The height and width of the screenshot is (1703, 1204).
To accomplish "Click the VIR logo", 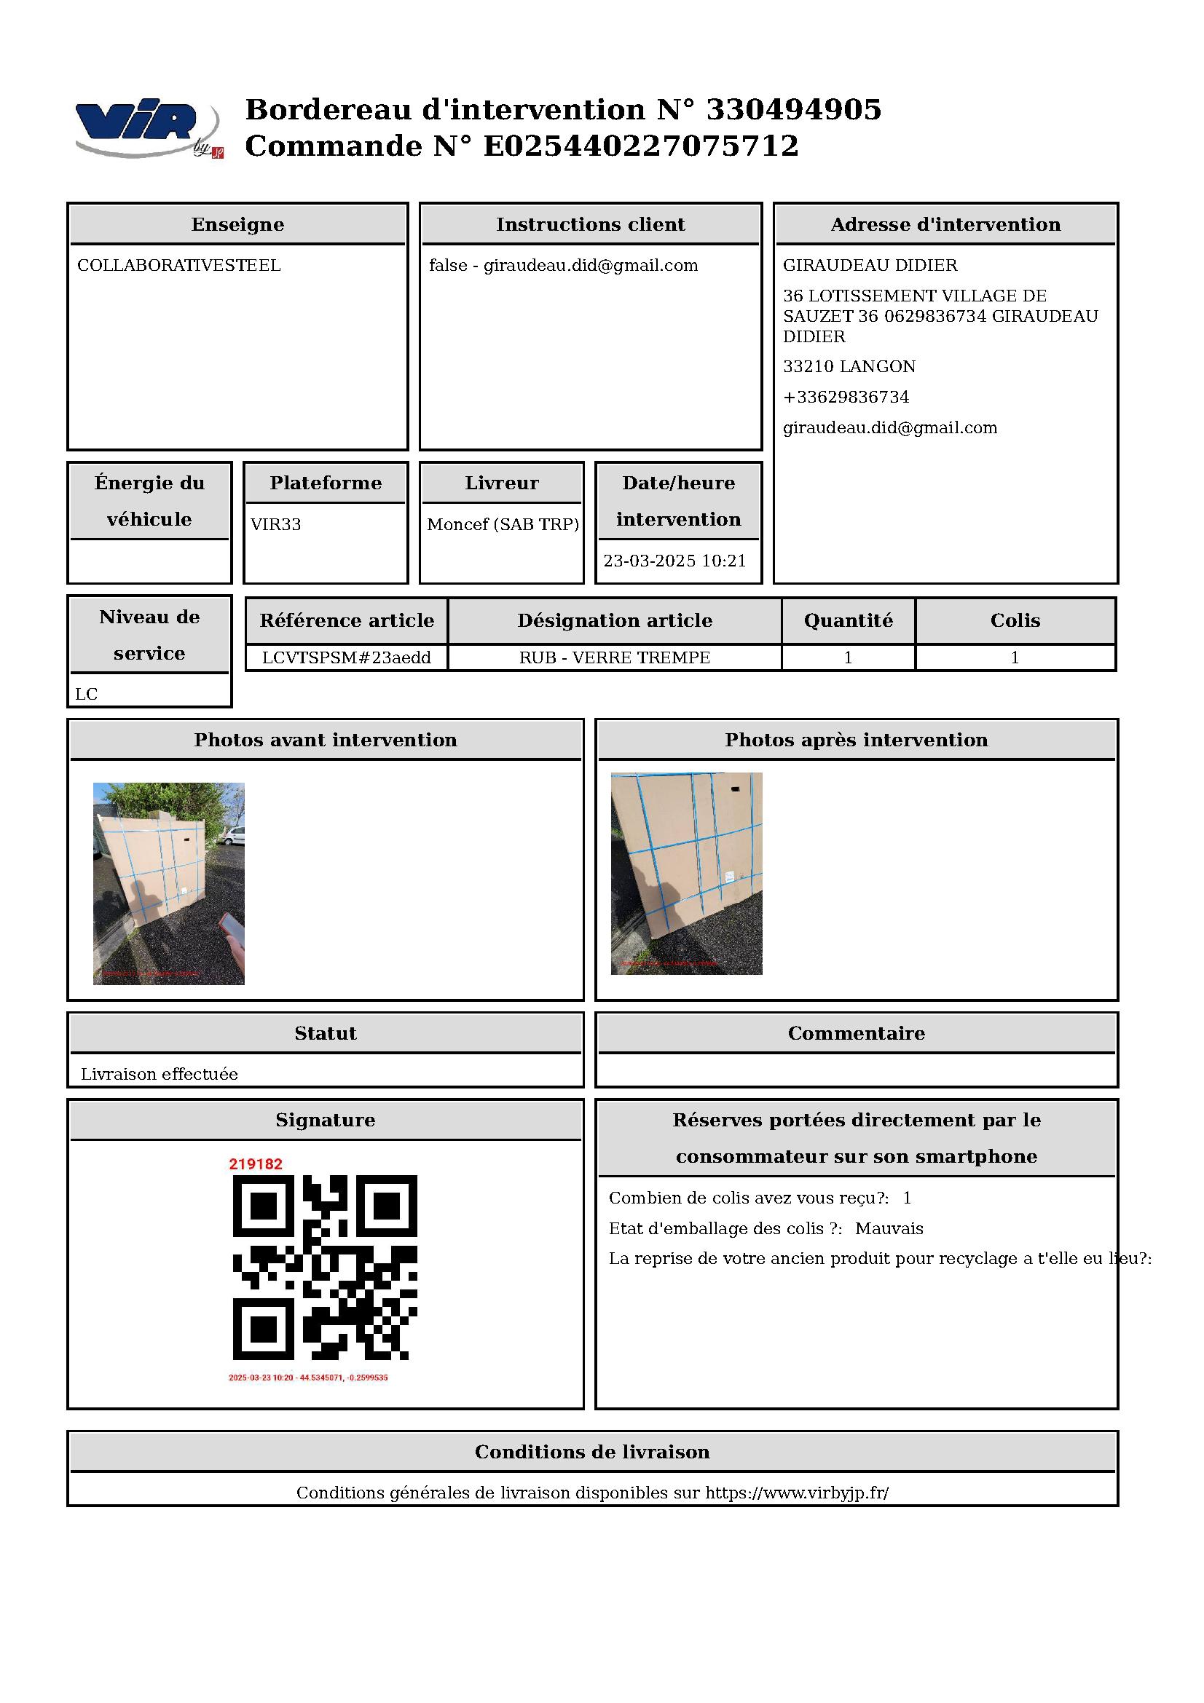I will coord(147,127).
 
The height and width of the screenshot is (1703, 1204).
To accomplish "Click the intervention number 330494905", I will coord(793,110).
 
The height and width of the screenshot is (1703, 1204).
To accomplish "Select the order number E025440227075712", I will coord(641,146).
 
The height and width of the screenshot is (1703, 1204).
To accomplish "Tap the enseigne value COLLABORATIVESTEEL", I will coord(178,266).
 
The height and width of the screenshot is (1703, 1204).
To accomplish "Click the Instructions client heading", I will coord(591,225).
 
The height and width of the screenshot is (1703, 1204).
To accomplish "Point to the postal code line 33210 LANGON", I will coord(849,366).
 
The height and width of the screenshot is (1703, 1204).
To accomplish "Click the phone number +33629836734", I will coord(846,397).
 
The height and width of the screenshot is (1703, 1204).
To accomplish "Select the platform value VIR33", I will coord(276,524).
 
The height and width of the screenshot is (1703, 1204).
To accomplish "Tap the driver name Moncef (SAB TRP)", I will coord(503,524).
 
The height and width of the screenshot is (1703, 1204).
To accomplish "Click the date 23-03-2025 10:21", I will coord(674,561).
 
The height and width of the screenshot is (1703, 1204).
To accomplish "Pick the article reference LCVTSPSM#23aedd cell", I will coord(347,658).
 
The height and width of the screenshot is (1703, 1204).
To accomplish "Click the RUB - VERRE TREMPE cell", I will coord(614,658).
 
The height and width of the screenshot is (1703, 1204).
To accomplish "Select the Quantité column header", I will coord(848,621).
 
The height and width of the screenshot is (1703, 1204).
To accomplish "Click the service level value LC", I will coord(87,695).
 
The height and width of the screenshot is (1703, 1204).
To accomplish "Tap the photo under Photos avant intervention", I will coord(168,883).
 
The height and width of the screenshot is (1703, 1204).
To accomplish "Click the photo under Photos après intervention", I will coord(686,874).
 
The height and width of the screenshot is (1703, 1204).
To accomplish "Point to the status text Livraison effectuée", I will coord(160,1074).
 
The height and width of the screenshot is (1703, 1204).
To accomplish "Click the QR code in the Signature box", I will coord(325,1268).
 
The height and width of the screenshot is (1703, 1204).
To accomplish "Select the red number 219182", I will coord(256,1163).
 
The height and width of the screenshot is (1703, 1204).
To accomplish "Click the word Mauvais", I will coord(889,1228).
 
